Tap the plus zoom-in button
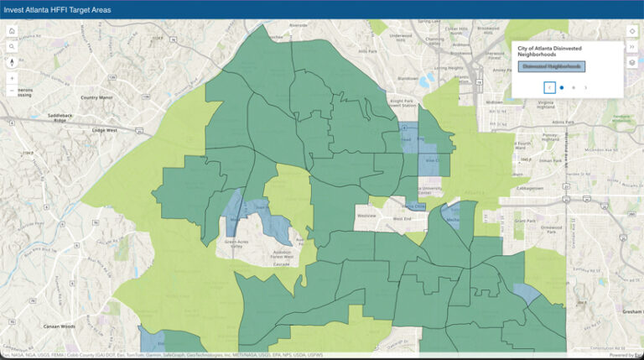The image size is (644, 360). click(13, 77)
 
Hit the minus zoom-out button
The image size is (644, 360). click(13, 90)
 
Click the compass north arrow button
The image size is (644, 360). click(13, 61)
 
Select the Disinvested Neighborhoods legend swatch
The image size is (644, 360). click(551, 65)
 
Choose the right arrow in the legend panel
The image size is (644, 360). click(585, 87)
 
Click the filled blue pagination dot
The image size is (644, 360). click(562, 87)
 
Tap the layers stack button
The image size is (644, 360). click(632, 62)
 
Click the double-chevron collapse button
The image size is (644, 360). click(632, 47)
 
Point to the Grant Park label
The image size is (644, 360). click(526, 221)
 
